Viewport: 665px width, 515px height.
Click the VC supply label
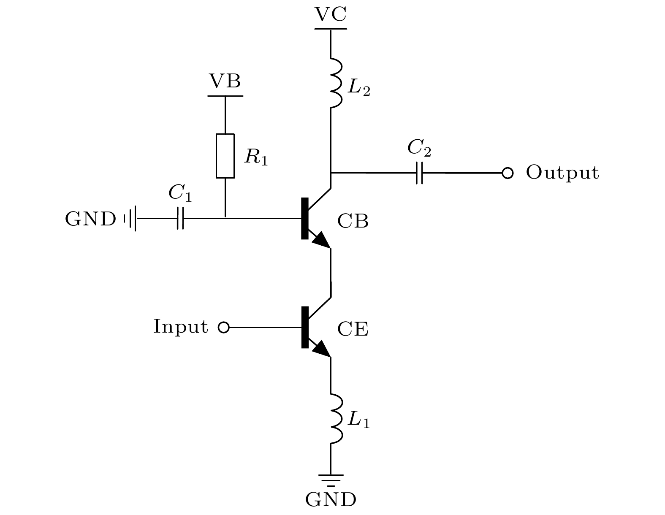tap(331, 14)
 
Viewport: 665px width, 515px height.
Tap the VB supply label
tap(225, 81)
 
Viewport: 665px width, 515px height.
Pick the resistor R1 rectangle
tap(225, 156)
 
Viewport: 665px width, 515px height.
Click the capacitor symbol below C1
tap(180, 218)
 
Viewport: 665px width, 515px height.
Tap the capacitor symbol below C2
tap(419, 173)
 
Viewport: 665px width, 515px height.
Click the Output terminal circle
tap(508, 173)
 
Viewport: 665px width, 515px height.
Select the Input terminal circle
tap(223, 327)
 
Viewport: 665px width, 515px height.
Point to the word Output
tap(562, 173)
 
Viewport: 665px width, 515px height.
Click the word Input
tap(180, 327)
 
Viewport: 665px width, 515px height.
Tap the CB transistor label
tap(353, 221)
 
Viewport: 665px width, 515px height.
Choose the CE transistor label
tap(353, 329)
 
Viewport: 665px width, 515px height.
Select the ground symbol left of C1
tap(130, 218)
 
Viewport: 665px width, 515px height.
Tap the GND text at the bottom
tap(331, 500)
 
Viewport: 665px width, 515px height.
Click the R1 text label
tap(256, 158)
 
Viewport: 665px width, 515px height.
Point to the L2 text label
tap(358, 89)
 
